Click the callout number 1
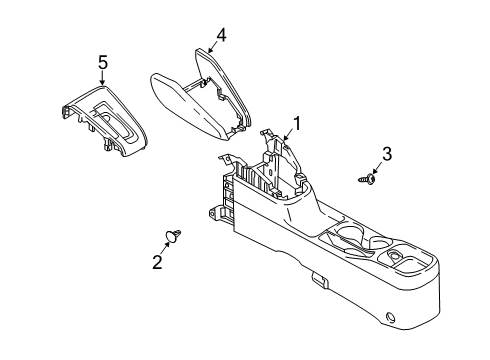pyautogui.click(x=296, y=124)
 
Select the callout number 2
pyautogui.click(x=157, y=261)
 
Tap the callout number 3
pyautogui.click(x=387, y=154)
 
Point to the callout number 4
pyautogui.click(x=221, y=35)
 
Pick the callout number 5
pyautogui.click(x=103, y=62)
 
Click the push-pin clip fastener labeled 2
pyautogui.click(x=173, y=235)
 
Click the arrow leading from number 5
pyautogui.click(x=102, y=78)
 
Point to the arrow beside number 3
pyautogui.click(x=377, y=168)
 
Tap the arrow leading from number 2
pyautogui.click(x=165, y=248)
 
